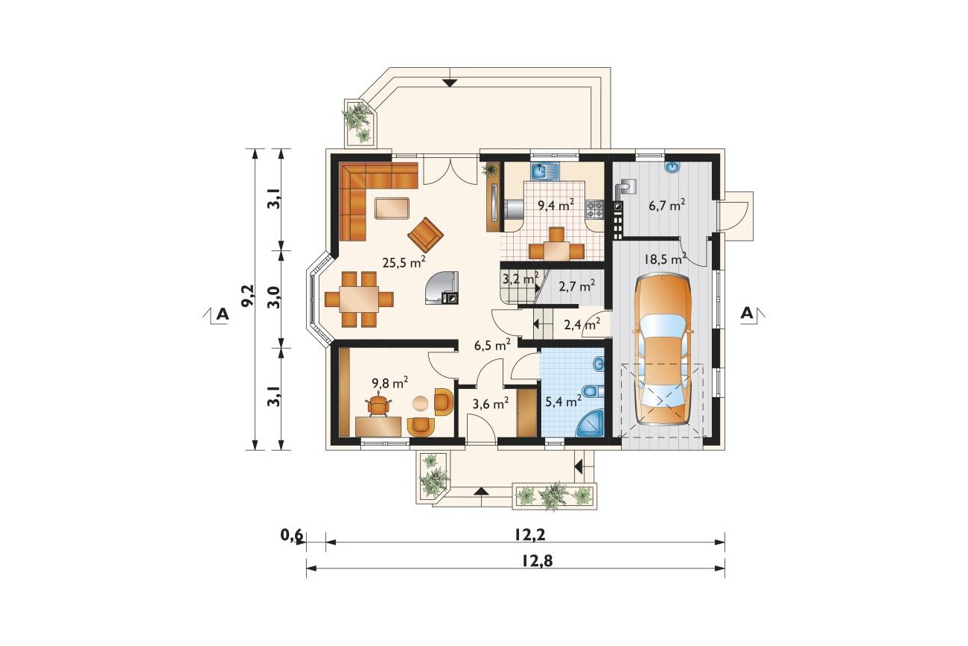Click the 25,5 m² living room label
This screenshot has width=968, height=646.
404,262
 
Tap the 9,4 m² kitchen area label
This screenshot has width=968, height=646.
555,204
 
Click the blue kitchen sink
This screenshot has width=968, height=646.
545,171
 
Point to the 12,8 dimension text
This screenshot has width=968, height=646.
537,561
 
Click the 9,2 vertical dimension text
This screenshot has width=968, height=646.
248,296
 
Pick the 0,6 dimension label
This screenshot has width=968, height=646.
292,536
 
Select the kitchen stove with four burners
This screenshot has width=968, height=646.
595,210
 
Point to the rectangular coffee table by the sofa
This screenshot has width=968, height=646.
89,208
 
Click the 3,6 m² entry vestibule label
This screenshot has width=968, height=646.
490,404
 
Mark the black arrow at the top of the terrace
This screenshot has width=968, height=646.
450,83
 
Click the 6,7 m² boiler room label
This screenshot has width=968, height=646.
666,205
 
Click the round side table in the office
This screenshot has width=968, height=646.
421,403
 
